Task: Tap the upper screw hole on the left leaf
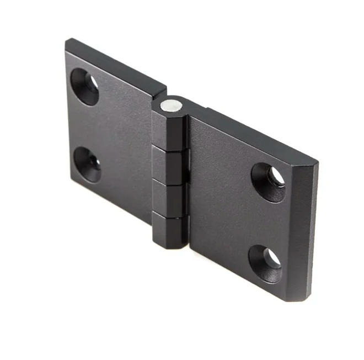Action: point(84,86)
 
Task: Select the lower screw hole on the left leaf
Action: point(87,164)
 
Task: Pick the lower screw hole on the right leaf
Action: point(265,263)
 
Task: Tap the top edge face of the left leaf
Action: point(116,63)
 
